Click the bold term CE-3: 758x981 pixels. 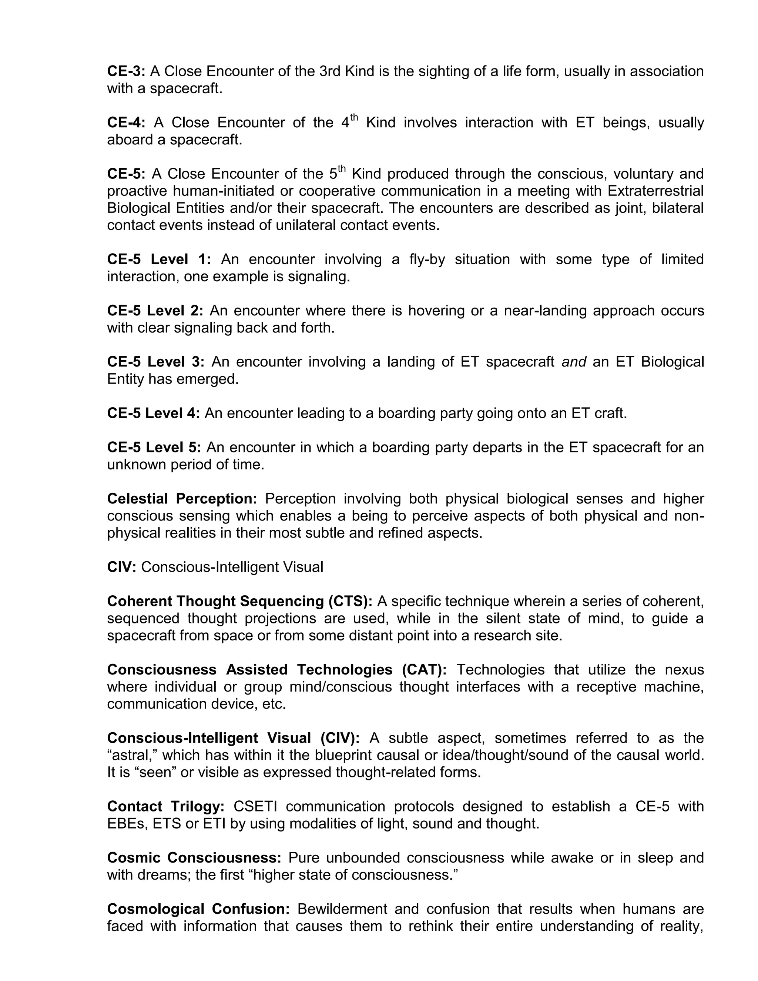coord(126,71)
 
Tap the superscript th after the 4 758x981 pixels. coord(354,118)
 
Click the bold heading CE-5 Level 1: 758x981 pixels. coord(159,259)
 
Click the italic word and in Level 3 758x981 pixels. coord(574,362)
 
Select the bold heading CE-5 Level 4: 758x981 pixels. coord(154,413)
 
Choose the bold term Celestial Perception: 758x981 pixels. coord(182,499)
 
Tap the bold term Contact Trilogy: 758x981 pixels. coord(166,806)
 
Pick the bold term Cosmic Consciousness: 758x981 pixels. coord(194,857)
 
